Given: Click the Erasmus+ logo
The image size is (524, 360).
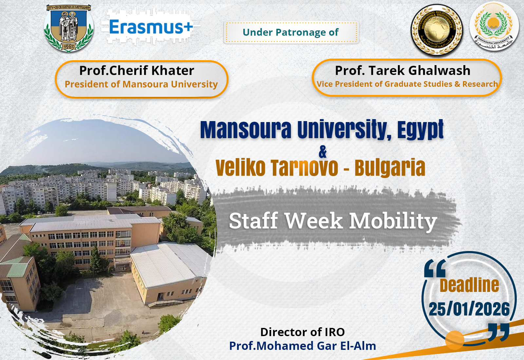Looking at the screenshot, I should pyautogui.click(x=151, y=27).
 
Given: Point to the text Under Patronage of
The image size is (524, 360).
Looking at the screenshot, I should pyautogui.click(x=290, y=32).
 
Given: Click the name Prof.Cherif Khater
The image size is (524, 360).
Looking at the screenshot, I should pyautogui.click(x=137, y=71).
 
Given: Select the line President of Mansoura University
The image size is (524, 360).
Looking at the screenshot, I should pyautogui.click(x=141, y=84).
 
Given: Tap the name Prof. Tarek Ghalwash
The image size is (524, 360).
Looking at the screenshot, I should pyautogui.click(x=402, y=71).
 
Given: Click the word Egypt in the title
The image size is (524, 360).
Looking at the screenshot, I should pyautogui.click(x=421, y=130).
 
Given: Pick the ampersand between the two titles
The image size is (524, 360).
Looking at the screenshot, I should pyautogui.click(x=323, y=152).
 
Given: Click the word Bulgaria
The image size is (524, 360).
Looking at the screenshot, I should pyautogui.click(x=390, y=168).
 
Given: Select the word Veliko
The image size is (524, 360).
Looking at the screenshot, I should pyautogui.click(x=240, y=168).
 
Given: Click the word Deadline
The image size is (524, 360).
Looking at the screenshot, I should pyautogui.click(x=469, y=285).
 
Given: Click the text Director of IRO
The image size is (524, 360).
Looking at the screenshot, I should pyautogui.click(x=302, y=332).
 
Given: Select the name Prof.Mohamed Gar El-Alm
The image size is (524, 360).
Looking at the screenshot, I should pyautogui.click(x=302, y=346).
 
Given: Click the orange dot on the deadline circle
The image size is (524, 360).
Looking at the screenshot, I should pyautogui.click(x=455, y=340).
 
